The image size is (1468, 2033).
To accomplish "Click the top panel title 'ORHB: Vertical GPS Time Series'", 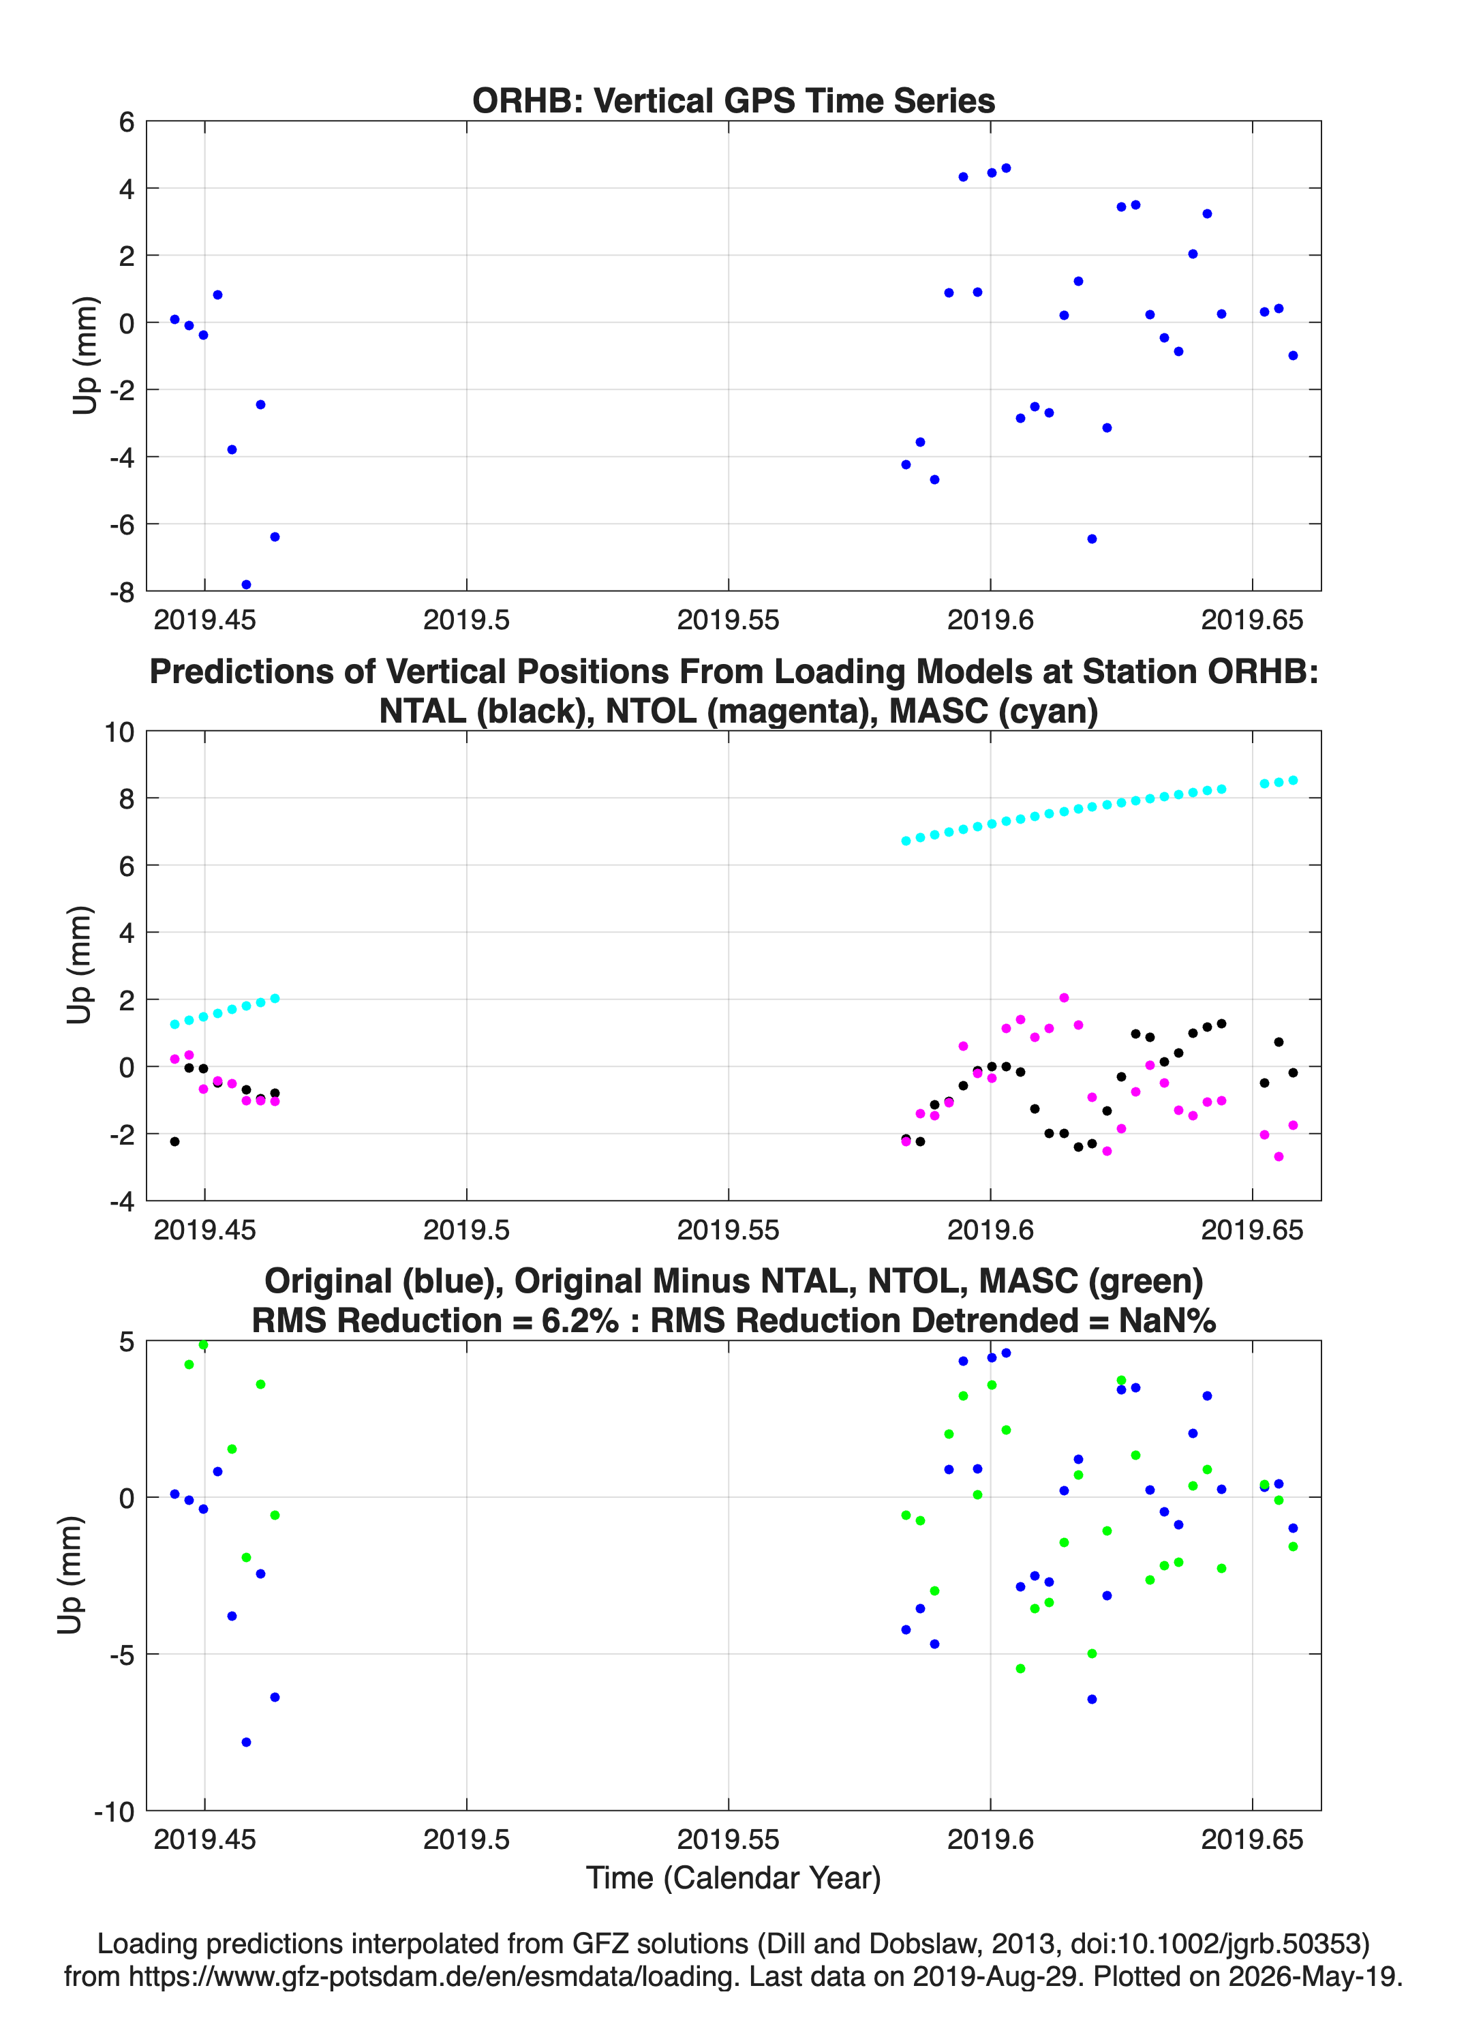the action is [733, 100].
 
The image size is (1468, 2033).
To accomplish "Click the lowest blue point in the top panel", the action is [247, 584].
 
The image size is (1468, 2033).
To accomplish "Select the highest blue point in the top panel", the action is [1005, 168].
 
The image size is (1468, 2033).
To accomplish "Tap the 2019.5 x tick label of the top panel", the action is [466, 620].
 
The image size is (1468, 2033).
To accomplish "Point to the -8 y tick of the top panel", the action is [122, 592].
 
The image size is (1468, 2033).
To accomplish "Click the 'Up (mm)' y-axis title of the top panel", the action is [85, 356].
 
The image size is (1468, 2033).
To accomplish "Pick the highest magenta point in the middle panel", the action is [1064, 997].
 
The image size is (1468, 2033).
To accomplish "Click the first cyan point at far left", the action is [174, 1025].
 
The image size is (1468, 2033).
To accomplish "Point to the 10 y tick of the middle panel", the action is [119, 732].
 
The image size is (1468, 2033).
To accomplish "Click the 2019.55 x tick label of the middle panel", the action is [728, 1229].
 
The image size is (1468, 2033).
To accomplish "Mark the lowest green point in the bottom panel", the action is [1020, 1669].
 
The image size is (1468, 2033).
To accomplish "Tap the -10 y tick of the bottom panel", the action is [114, 1811].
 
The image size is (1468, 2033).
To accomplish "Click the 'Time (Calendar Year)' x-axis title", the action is [733, 1878].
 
